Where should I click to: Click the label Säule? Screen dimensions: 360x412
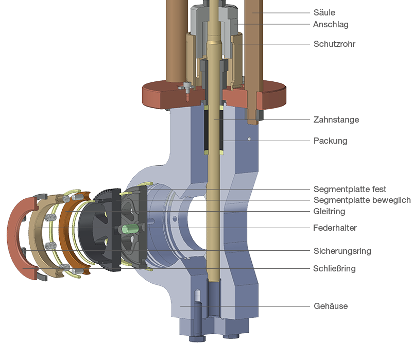tap(324, 12)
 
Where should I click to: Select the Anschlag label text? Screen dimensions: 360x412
tap(331, 24)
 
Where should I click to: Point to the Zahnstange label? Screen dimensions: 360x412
tap(336, 119)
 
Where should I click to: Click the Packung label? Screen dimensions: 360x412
tap(330, 141)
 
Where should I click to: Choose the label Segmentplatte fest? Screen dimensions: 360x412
tap(350, 190)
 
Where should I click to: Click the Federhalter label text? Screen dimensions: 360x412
tap(335, 228)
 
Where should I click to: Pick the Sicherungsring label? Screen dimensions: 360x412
tap(342, 251)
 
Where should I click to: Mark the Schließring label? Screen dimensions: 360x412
tap(334, 268)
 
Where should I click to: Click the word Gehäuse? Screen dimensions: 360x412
tap(331, 306)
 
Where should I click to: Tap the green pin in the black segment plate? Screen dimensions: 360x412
tap(129, 228)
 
